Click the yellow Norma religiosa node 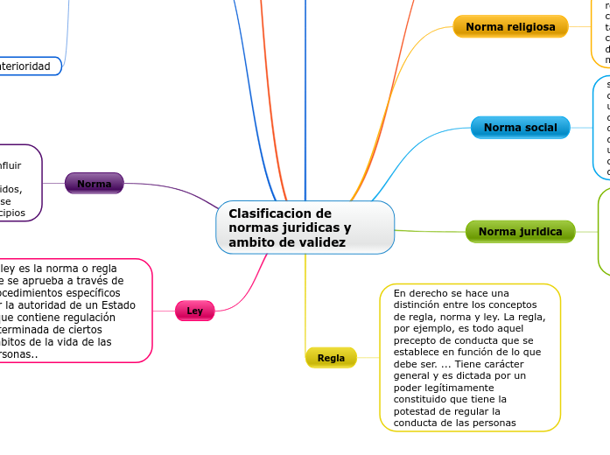click(x=510, y=27)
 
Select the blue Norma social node click(x=520, y=128)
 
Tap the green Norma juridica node click(x=520, y=232)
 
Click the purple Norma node click(x=94, y=184)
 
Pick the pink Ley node click(x=194, y=311)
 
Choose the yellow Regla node click(x=331, y=358)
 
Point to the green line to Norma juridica click(x=429, y=232)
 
